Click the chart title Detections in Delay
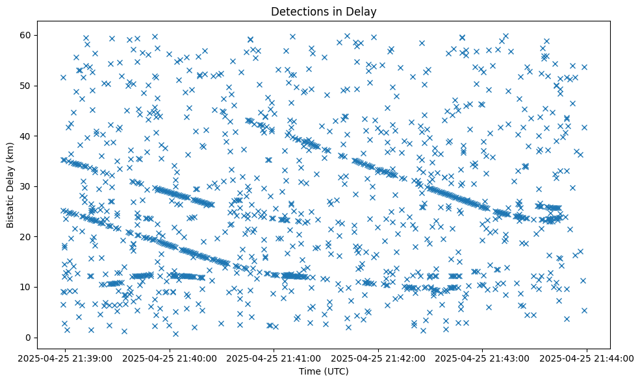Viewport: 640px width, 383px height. [324, 11]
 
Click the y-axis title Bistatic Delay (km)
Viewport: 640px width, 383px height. [10, 178]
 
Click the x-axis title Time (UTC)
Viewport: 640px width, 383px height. [324, 371]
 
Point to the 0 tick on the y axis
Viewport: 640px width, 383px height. [29, 338]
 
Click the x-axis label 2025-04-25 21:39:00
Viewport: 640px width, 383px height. [65, 357]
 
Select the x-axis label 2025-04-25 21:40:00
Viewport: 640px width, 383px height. [170, 357]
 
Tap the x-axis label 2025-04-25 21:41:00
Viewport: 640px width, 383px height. [274, 357]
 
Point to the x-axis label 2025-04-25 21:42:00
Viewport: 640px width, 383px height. [378, 357]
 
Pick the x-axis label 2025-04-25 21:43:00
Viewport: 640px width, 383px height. [482, 357]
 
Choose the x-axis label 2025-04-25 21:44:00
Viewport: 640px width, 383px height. [587, 357]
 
